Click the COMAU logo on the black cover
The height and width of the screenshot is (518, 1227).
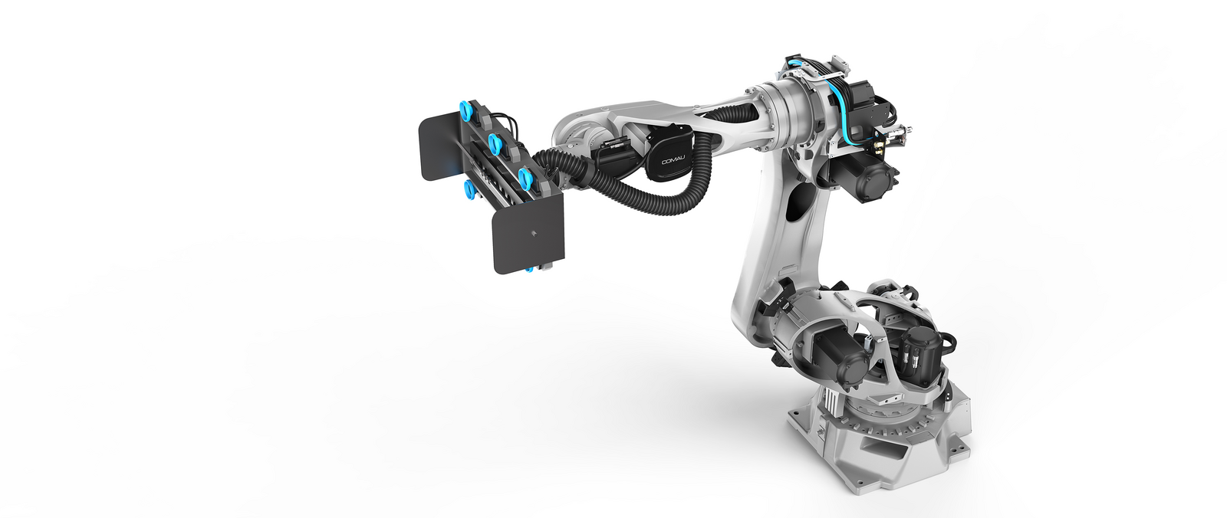point(673,160)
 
